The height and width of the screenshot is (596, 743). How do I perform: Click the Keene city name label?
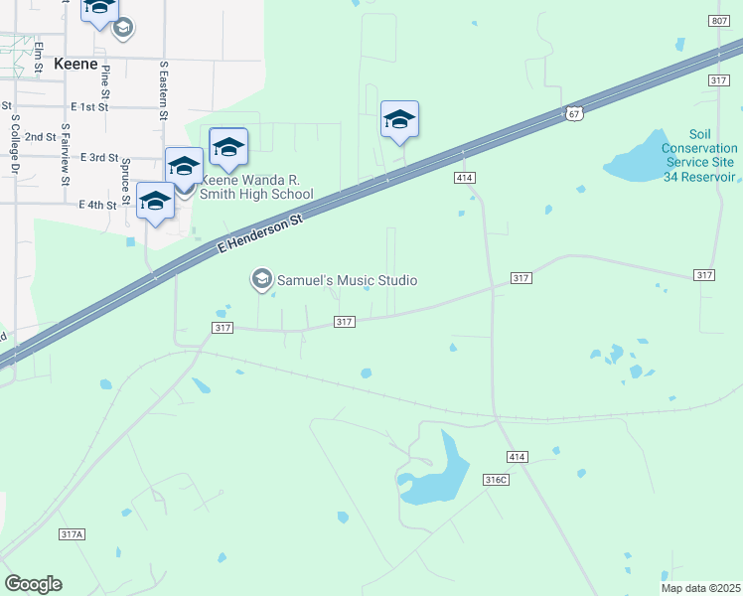[75, 64]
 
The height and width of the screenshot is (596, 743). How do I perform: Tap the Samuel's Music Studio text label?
[348, 280]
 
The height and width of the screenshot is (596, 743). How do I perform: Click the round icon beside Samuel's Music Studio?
[262, 279]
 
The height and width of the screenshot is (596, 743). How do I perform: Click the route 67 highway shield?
[574, 113]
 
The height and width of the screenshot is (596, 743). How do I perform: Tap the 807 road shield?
[720, 21]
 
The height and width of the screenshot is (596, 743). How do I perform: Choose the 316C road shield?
[496, 480]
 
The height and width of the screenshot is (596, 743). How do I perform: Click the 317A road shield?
[72, 534]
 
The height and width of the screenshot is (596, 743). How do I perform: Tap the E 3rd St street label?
[99, 158]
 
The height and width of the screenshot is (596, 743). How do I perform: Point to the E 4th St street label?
[97, 205]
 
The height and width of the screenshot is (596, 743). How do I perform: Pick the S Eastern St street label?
[164, 90]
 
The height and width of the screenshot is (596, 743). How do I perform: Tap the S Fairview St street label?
[65, 154]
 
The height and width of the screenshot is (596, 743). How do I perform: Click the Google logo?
[34, 583]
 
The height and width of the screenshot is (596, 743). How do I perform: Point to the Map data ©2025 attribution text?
[699, 588]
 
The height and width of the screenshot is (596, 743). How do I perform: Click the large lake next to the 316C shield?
[443, 471]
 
